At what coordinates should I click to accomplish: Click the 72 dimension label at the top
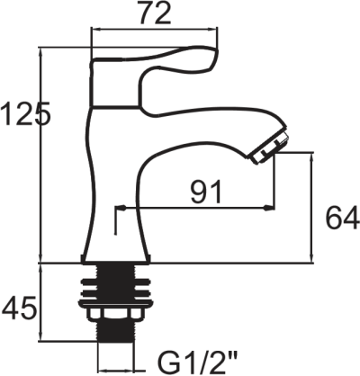click(155, 13)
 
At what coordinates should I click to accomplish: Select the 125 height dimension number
click(25, 113)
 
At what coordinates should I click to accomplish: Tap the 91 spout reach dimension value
click(206, 192)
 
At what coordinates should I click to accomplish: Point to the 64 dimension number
click(342, 217)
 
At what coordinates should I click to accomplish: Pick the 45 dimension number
click(20, 308)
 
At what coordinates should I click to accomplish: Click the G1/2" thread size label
click(198, 363)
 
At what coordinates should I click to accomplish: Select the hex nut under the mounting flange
click(115, 313)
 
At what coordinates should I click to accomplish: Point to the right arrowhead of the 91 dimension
click(269, 208)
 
